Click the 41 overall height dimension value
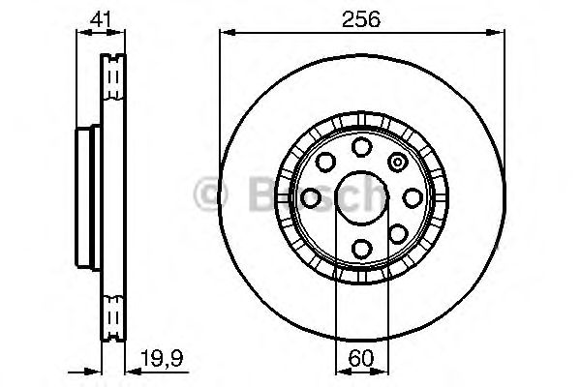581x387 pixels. pos(99,18)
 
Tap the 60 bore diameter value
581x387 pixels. pos(360,357)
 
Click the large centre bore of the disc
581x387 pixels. pos(360,197)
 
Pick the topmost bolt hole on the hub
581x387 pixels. pos(361,146)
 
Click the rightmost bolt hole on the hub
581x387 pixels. pos(413,197)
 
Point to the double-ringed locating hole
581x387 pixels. pos(397,162)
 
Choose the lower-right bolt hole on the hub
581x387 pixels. pos(397,233)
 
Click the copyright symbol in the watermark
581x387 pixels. pos(211,196)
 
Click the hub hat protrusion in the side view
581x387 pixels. pos(84,197)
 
